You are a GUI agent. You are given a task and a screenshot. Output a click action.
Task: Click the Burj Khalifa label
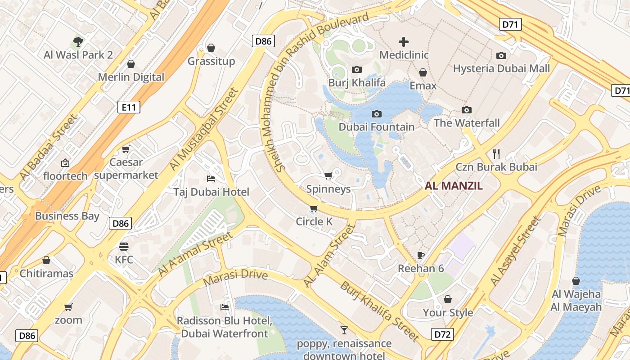coord(357,83)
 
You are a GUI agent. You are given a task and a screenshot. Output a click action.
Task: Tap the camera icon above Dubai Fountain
coord(377,114)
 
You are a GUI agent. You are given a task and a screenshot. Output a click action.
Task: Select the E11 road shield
coord(129,107)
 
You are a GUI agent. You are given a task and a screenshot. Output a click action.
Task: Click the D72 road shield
coord(442,334)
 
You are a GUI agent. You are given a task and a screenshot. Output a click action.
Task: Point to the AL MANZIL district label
coord(454,186)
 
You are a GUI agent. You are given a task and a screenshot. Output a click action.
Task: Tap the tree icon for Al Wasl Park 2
coord(78,42)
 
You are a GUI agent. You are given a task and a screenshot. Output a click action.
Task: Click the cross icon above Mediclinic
coord(404,42)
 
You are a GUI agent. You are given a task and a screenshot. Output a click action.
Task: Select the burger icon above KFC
coord(124,247)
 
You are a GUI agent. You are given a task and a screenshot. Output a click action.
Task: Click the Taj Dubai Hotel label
coord(211,192)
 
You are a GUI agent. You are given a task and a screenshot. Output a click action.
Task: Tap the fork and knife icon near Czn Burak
coord(496,153)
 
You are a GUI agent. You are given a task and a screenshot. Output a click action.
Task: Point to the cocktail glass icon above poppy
coord(344,330)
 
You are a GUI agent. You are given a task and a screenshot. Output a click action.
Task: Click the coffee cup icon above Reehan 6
coord(421,255)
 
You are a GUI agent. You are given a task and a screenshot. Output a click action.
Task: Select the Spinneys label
coord(328,189)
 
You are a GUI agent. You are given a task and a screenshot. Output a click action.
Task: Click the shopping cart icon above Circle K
coord(314,208)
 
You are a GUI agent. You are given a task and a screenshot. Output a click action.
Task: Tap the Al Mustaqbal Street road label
coord(203,130)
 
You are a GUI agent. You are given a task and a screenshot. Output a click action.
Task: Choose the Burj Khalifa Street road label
coord(380,311)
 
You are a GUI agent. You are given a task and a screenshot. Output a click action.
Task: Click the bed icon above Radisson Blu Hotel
coord(224,307)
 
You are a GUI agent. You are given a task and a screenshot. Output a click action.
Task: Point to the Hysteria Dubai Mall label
coord(501,68)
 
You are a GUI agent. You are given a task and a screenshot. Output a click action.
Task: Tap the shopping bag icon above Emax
coord(423,72)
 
